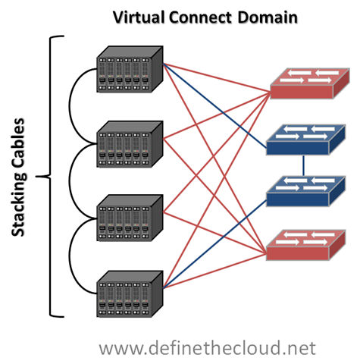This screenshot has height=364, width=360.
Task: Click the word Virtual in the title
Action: [x=139, y=17]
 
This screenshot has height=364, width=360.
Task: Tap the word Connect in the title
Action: [x=201, y=17]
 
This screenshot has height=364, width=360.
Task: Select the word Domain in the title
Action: [x=268, y=17]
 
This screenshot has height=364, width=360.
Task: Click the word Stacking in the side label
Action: [x=18, y=204]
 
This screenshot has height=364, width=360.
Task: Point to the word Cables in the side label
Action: [x=18, y=143]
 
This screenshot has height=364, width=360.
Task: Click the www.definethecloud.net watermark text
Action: [x=207, y=348]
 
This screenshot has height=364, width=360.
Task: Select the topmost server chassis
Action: [x=130, y=69]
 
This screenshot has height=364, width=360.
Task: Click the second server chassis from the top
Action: [x=130, y=144]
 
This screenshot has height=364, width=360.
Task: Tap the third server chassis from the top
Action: [x=130, y=218]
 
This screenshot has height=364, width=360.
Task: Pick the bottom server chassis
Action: [x=130, y=294]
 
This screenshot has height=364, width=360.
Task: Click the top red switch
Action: [x=310, y=83]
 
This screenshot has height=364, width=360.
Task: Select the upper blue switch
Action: [x=306, y=140]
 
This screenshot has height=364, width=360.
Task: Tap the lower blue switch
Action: [x=306, y=191]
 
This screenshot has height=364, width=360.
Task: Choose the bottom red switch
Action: [x=306, y=245]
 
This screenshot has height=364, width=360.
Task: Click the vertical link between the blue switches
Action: [x=303, y=165]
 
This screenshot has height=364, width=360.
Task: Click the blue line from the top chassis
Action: [x=214, y=105]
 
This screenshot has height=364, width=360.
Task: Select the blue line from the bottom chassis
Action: [x=214, y=244]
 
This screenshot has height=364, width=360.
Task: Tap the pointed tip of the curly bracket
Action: [x=36, y=177]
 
